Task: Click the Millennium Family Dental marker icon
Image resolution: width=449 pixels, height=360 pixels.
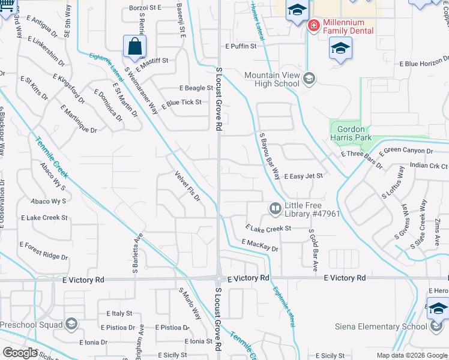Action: [x=313, y=26]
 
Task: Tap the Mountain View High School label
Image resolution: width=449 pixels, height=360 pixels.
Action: [x=271, y=79]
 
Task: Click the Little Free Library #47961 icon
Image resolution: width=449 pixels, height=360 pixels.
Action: [x=276, y=209]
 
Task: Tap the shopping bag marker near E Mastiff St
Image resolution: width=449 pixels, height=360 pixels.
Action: [x=134, y=46]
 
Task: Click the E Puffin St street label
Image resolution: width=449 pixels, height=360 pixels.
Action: [x=241, y=46]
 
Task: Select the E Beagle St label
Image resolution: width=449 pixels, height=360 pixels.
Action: [x=193, y=88]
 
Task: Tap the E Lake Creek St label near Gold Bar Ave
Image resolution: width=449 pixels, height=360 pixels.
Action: [x=268, y=228]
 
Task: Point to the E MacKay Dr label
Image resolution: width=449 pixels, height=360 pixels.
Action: [x=260, y=245]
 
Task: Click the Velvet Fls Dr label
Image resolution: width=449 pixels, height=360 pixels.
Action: [x=187, y=187]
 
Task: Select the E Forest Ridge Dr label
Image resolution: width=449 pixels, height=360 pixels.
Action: [x=44, y=251]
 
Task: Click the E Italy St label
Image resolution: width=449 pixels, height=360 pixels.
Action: [x=119, y=313]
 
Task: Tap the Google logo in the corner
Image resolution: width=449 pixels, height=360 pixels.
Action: [x=19, y=353]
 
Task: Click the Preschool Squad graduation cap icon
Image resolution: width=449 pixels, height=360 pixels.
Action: [x=71, y=325]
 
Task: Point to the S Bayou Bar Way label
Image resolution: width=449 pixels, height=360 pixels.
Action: [x=270, y=156]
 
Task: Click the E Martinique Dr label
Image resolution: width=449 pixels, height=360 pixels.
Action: [x=79, y=119]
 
